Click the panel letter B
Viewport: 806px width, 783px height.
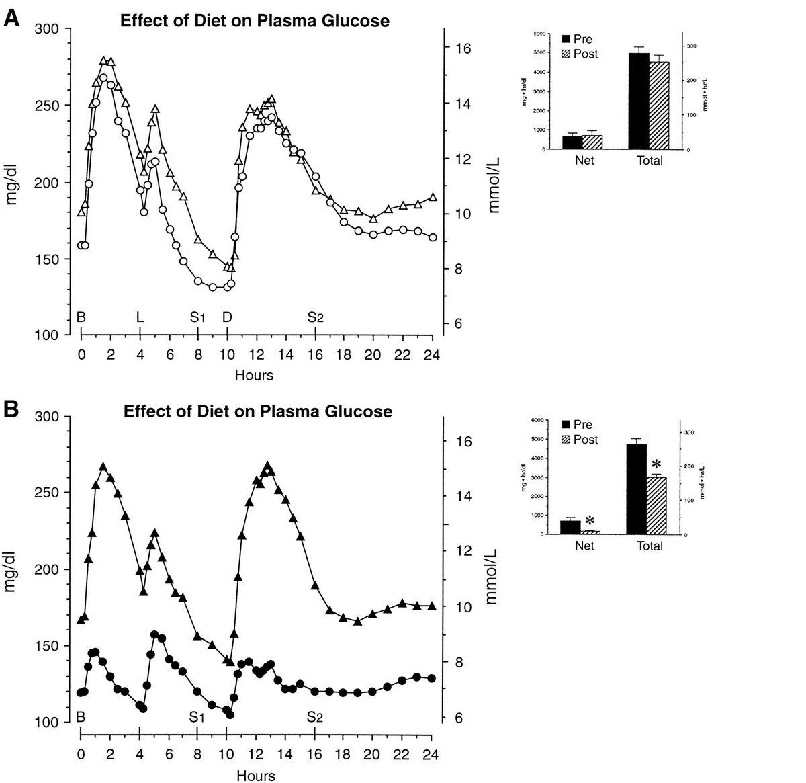pos(12,409)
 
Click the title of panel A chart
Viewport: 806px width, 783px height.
pos(254,21)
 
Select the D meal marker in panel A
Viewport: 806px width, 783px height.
pos(227,317)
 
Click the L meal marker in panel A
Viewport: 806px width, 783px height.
pos(140,317)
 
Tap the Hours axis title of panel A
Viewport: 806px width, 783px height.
pos(254,375)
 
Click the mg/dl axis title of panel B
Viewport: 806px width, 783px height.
pos(11,570)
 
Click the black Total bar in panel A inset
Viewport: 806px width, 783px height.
pos(639,100)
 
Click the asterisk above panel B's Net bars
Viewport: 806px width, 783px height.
pos(590,520)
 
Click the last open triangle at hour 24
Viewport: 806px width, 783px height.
pos(433,197)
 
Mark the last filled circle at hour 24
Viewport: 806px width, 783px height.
pos(432,678)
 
